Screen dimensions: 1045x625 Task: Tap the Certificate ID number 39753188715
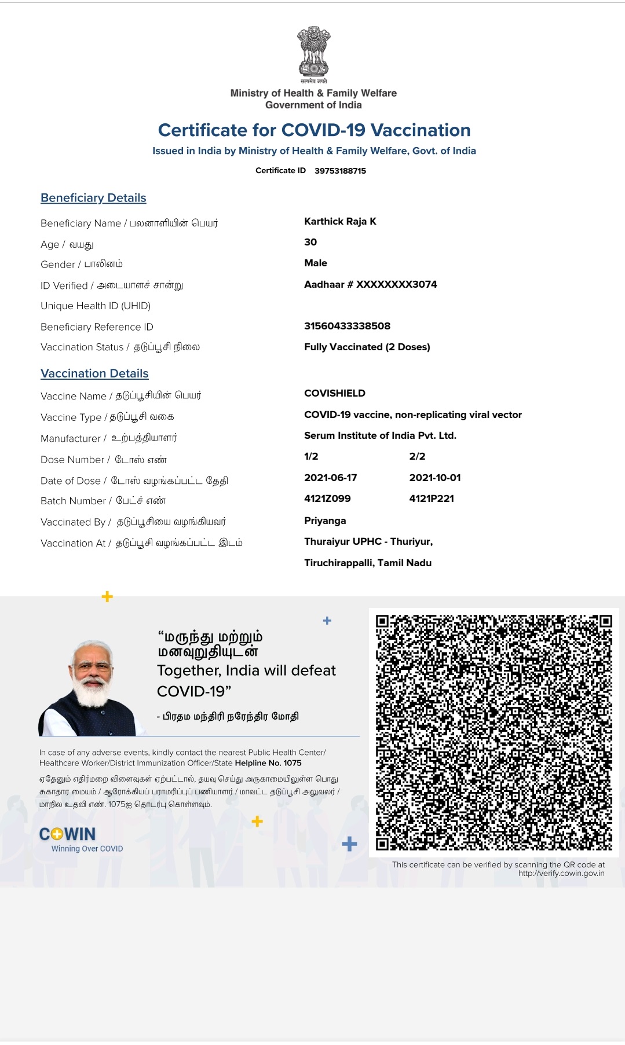pyautogui.click(x=340, y=171)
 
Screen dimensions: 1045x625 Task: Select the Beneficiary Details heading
pyautogui.click(x=93, y=198)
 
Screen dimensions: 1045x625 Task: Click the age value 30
pyautogui.click(x=310, y=242)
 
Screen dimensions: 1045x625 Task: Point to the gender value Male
pyautogui.click(x=316, y=263)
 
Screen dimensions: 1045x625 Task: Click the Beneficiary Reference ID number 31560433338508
pyautogui.click(x=347, y=326)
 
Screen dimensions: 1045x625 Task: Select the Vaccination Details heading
pyautogui.click(x=94, y=373)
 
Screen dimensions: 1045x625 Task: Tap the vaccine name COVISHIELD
pyautogui.click(x=335, y=393)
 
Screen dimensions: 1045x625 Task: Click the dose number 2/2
pyautogui.click(x=417, y=456)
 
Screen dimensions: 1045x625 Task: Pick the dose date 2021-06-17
pyautogui.click(x=330, y=478)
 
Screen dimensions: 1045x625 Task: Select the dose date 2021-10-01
pyautogui.click(x=434, y=478)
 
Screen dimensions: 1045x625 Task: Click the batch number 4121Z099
pyautogui.click(x=327, y=498)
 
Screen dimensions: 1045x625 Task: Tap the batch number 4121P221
pyautogui.click(x=432, y=498)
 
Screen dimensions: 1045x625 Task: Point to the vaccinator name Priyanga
pyautogui.click(x=325, y=520)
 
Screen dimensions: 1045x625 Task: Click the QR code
pyautogui.click(x=494, y=732)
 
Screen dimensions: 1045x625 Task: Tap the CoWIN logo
pyautogui.click(x=68, y=834)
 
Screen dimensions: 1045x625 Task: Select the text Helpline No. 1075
pyautogui.click(x=268, y=763)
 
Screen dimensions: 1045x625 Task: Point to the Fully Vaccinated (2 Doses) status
pyautogui.click(x=367, y=347)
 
